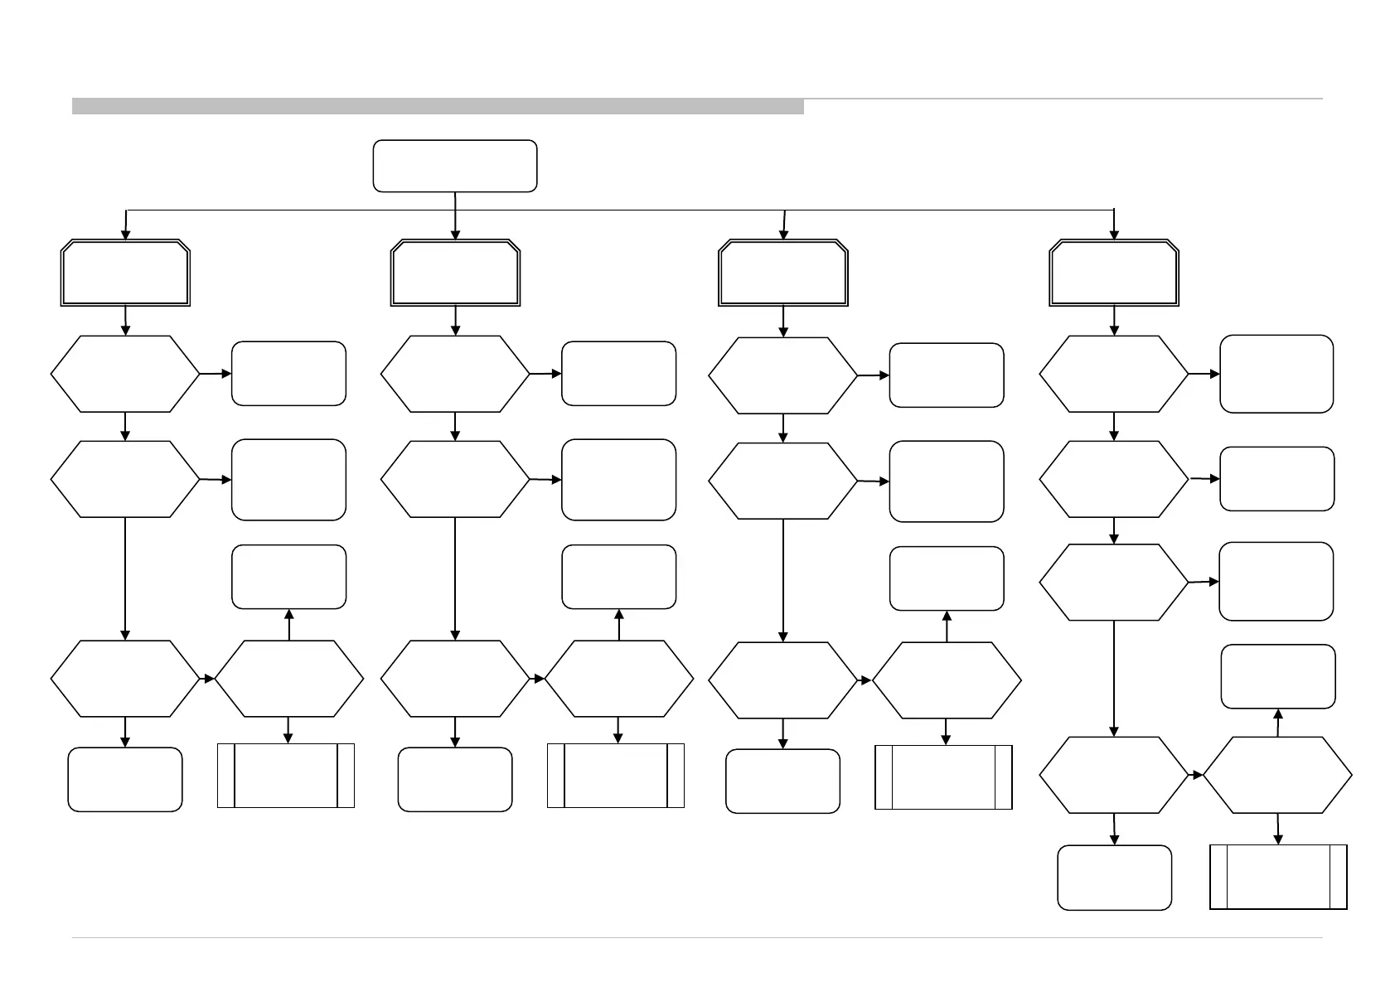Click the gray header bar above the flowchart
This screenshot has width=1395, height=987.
tap(438, 106)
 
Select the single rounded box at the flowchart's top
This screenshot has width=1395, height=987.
tap(455, 166)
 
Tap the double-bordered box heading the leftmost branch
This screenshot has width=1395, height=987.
tap(125, 273)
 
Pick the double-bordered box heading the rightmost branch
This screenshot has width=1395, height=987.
tap(1113, 273)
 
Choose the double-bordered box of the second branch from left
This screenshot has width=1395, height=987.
tap(455, 273)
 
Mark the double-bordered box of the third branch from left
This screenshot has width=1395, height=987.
tap(783, 273)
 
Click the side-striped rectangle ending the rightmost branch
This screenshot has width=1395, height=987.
tap(1278, 877)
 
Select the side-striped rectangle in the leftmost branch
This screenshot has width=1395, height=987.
tap(286, 775)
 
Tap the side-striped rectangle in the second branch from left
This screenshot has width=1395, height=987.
tap(616, 775)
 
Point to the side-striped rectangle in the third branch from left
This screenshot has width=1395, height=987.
tap(943, 777)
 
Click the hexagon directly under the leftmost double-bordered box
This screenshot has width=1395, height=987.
tap(125, 374)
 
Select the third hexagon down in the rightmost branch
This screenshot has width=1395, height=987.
tap(1113, 583)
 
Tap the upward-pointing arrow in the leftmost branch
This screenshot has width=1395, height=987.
tap(288, 625)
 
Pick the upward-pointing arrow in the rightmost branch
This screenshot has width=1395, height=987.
tap(1278, 723)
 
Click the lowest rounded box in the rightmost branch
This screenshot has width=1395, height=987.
tap(1114, 878)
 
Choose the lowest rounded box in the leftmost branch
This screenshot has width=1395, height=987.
tap(125, 779)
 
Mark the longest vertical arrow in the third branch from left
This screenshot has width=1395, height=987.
tap(783, 580)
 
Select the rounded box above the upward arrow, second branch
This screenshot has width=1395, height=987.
tap(618, 577)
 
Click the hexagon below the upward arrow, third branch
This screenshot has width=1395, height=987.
tap(947, 680)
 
